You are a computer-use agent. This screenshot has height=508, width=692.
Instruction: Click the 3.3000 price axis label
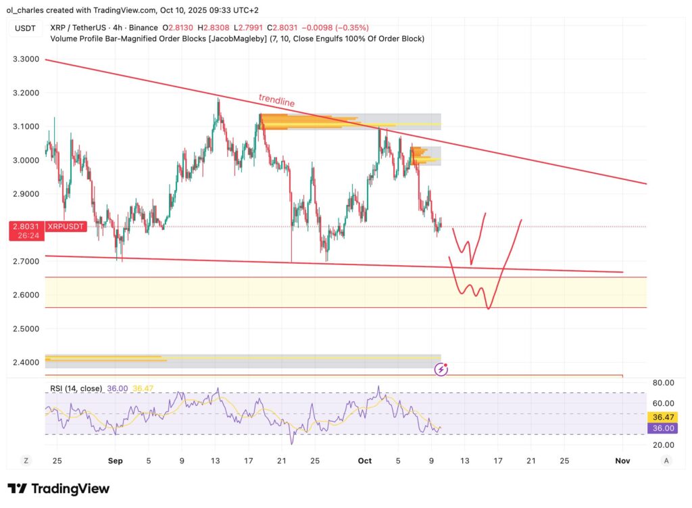click(x=26, y=60)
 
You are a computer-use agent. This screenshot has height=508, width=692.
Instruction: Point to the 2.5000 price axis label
click(x=26, y=329)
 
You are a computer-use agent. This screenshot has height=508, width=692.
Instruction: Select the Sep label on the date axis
click(x=115, y=461)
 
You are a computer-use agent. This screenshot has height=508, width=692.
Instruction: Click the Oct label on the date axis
click(x=365, y=461)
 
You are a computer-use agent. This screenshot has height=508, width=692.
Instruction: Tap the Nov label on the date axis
click(x=622, y=461)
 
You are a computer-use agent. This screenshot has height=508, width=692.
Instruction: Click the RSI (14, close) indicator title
click(x=76, y=388)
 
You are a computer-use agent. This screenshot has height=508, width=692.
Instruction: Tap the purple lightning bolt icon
click(x=441, y=369)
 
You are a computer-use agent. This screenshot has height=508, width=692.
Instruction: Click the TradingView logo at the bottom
click(x=58, y=488)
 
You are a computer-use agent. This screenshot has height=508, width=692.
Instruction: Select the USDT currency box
click(x=26, y=28)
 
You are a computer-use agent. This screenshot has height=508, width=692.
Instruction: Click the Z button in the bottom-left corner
click(x=26, y=461)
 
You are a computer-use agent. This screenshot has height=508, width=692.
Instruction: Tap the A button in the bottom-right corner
click(x=666, y=461)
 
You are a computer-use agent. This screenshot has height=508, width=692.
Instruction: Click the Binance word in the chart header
click(x=141, y=28)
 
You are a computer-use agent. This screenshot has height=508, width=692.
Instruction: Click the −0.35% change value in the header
click(x=353, y=28)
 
